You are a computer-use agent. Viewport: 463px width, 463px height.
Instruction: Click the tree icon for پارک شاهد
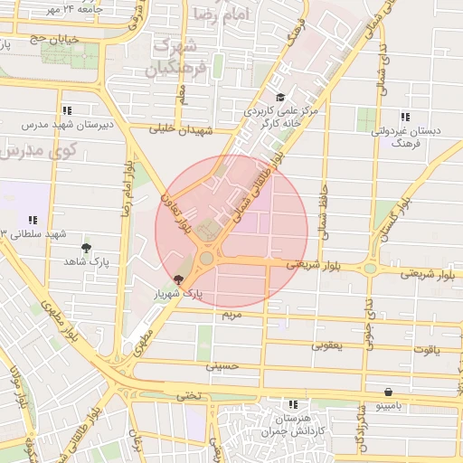[x=86, y=247]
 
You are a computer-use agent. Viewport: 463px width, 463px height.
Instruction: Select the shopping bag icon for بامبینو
[x=388, y=392]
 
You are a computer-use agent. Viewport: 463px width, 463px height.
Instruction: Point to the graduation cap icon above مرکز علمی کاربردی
[x=279, y=98]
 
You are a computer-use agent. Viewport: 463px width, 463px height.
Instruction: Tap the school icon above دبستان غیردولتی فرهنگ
[x=404, y=117]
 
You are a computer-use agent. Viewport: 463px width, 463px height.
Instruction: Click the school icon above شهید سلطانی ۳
[x=33, y=220]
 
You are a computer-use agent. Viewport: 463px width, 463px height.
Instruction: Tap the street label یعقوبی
[x=328, y=345]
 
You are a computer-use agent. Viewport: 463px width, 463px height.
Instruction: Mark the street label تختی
[x=188, y=395]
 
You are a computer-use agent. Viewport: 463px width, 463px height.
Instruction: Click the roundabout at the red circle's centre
[x=207, y=259]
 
